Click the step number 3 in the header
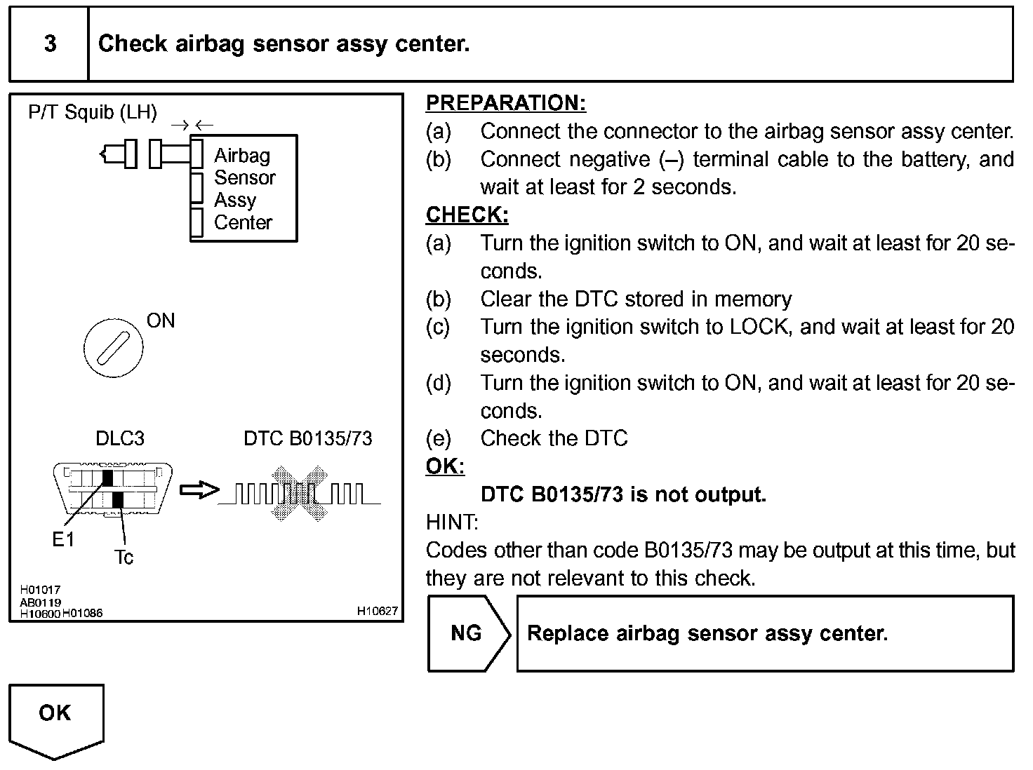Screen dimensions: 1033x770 click(50, 43)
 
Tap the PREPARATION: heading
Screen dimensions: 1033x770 click(506, 103)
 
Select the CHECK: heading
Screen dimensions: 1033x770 click(467, 215)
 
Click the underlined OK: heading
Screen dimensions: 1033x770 click(445, 466)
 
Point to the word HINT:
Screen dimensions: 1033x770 click(452, 522)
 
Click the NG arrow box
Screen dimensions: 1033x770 click(469, 633)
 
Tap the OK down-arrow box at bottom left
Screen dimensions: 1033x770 click(56, 722)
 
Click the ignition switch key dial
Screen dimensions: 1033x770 click(114, 348)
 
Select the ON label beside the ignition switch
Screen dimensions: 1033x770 click(161, 320)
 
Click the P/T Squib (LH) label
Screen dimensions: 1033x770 click(92, 112)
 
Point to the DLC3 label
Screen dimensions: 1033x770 click(119, 438)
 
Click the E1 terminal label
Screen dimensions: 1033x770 click(63, 540)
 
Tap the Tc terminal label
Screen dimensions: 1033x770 click(124, 557)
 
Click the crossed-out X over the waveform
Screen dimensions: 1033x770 click(300, 493)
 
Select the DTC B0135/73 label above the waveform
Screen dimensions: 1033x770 click(308, 438)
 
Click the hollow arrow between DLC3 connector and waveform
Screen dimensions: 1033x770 click(199, 490)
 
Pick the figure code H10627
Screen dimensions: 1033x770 click(377, 611)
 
